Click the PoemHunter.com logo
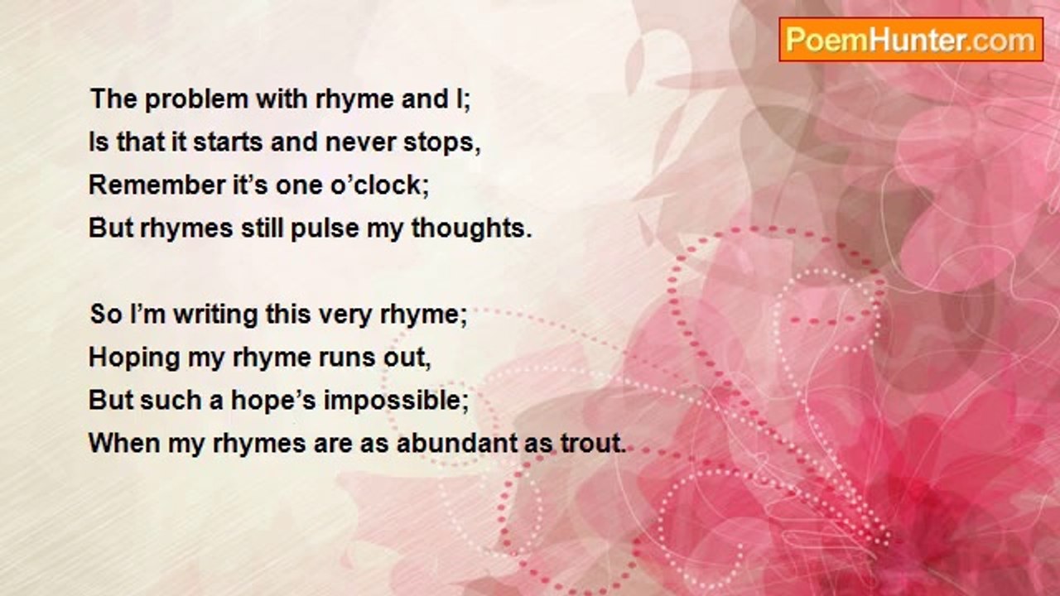pos(910,40)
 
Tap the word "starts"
pos(230,142)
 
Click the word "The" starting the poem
pos(112,99)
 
